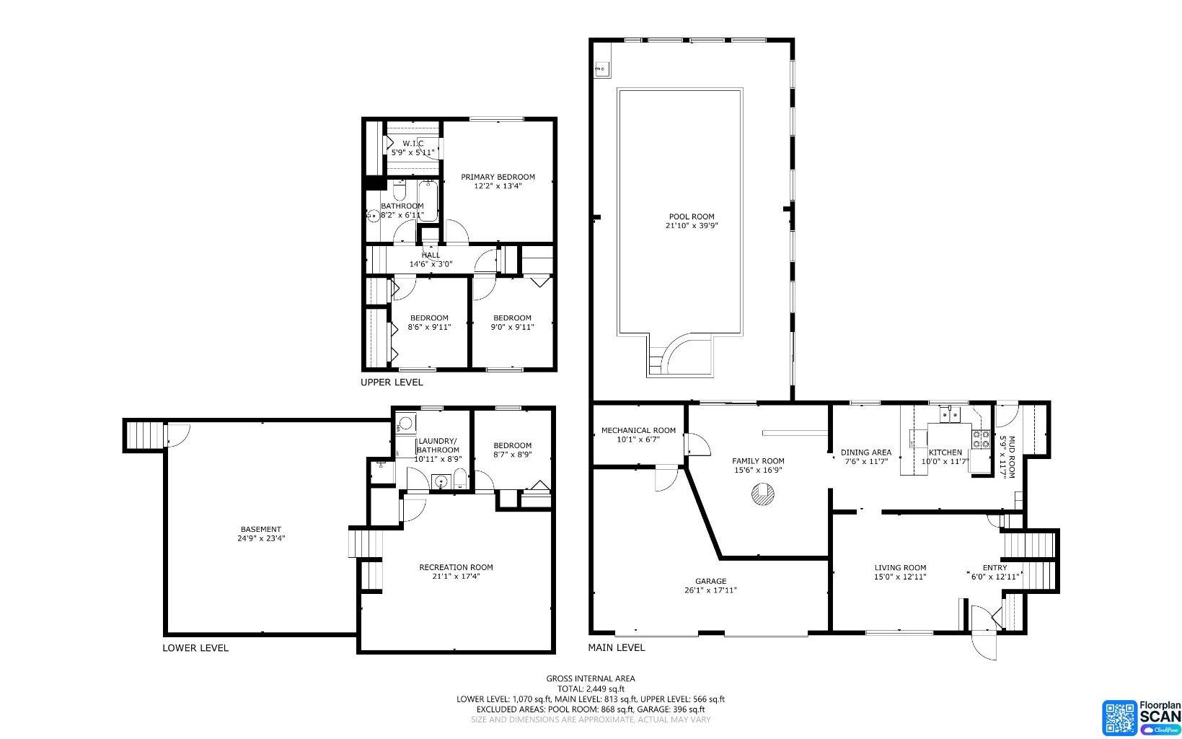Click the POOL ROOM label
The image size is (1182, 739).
click(x=691, y=217)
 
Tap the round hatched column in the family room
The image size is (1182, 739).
click(x=762, y=495)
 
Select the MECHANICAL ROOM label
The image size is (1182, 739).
click(x=638, y=431)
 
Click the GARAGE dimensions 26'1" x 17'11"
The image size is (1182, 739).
click(x=710, y=590)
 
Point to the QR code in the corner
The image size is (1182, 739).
click(x=1119, y=717)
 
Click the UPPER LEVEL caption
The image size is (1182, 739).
click(x=392, y=382)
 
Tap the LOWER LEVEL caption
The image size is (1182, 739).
click(x=195, y=648)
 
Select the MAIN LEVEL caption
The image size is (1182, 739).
click(x=617, y=648)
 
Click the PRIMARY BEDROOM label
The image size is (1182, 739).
click(x=498, y=177)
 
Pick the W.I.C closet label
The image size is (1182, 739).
click(x=413, y=143)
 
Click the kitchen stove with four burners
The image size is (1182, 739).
click(x=981, y=439)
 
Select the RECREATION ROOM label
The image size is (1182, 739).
click(x=456, y=567)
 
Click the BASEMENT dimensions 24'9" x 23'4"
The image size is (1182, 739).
click(x=261, y=538)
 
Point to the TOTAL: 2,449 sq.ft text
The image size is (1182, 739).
click(x=590, y=689)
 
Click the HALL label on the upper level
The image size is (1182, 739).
click(x=431, y=255)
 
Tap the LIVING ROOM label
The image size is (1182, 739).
click(x=900, y=568)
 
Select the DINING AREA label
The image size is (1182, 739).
click(x=865, y=452)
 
